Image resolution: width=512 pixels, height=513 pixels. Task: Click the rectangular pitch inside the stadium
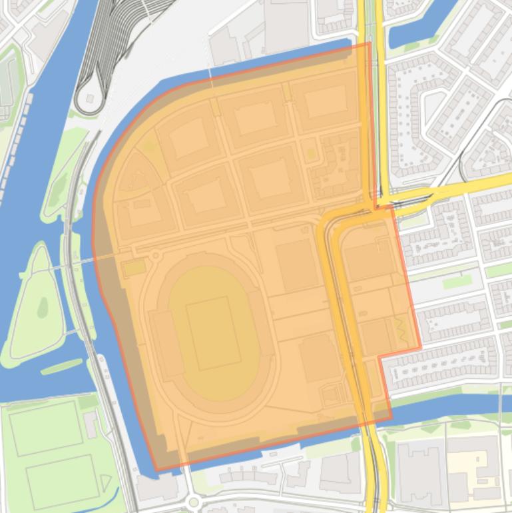point(213,332)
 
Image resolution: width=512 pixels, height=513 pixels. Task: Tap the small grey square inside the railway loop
point(89,99)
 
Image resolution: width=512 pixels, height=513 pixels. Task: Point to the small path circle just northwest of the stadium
point(156,255)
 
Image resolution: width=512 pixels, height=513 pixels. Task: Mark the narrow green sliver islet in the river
point(62,366)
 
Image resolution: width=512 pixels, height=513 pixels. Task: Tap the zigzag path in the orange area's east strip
point(401,327)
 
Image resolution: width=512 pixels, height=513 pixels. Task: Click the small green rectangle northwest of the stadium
point(134,268)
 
